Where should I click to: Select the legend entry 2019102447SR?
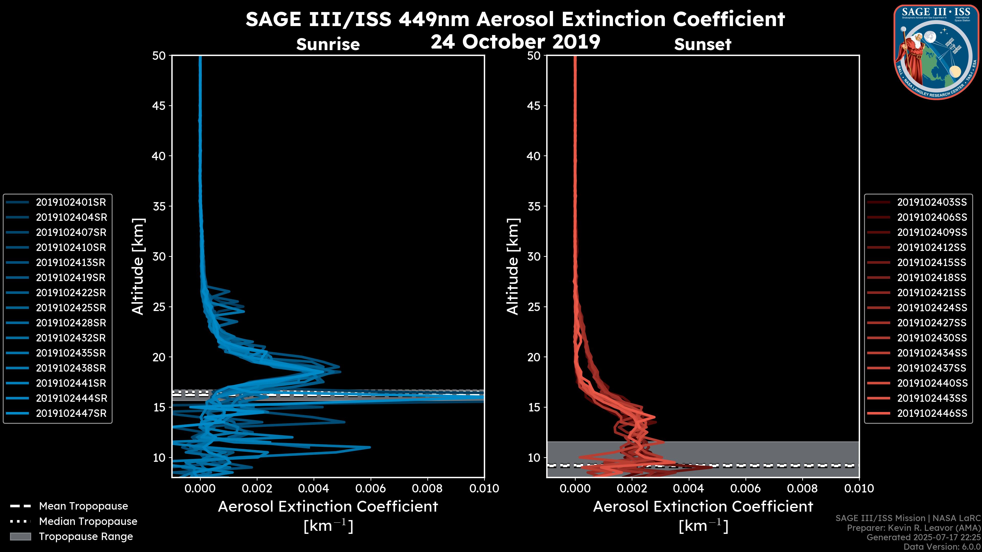[x=71, y=413]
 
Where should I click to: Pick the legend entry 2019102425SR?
[x=71, y=308]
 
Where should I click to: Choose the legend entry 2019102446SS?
[x=932, y=413]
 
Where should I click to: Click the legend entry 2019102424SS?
[x=932, y=308]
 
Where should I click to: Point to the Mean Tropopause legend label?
[x=83, y=506]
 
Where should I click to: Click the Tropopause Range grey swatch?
[x=20, y=536]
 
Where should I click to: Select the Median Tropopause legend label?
[x=88, y=522]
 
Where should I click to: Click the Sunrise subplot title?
[x=328, y=44]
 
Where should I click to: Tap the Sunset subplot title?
[x=702, y=44]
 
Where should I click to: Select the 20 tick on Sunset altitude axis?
[x=534, y=357]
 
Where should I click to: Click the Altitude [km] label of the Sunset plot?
[x=513, y=266]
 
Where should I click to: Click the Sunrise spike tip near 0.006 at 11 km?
[x=369, y=447]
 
